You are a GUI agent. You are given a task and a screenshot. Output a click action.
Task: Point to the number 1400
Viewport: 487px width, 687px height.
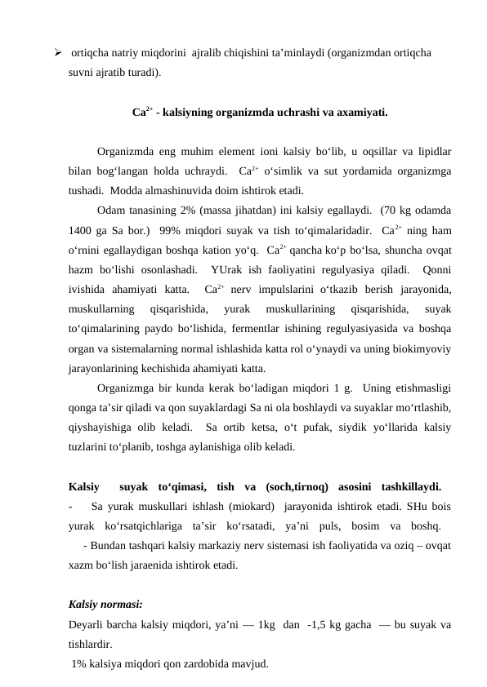83,227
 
